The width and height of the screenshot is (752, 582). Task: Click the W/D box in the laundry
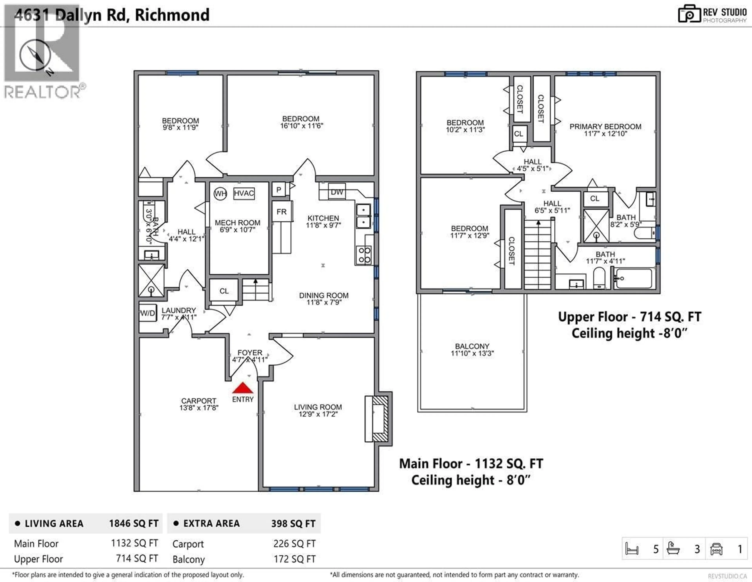(x=148, y=313)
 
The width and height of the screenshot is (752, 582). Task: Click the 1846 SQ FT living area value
(x=134, y=523)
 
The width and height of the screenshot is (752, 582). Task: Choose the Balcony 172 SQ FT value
(x=294, y=559)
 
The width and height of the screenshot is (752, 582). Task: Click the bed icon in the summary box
(x=632, y=549)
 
